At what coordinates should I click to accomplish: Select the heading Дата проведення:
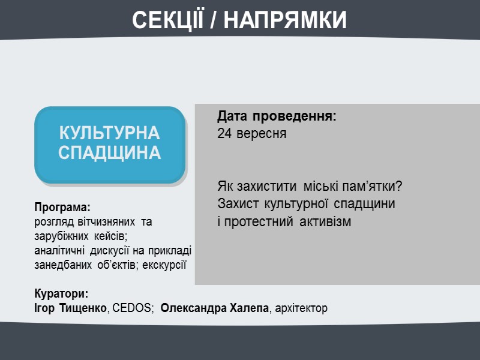point(277,116)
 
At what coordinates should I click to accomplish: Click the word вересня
point(261,134)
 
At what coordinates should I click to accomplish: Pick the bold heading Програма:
point(62,208)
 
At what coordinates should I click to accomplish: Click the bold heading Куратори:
point(61,294)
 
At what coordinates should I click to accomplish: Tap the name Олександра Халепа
point(215,308)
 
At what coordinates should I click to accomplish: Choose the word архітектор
point(301,308)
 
